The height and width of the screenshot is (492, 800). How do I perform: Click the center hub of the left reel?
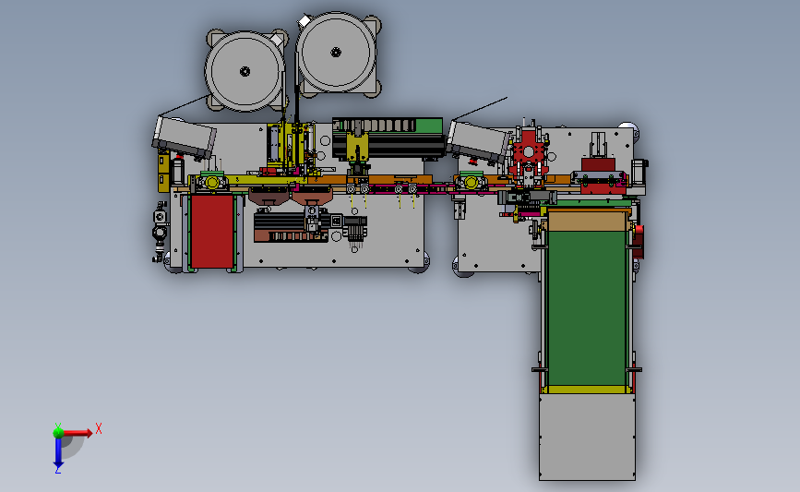coord(245,71)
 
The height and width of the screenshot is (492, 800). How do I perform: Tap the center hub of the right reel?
coord(336,52)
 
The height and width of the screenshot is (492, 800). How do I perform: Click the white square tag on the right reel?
coord(304,21)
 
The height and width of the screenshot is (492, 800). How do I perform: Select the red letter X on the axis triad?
coord(99,428)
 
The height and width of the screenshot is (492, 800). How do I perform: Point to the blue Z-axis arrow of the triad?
coord(58,452)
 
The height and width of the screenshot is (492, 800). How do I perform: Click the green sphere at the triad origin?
coord(58,433)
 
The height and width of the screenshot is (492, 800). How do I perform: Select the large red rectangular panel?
coord(211,231)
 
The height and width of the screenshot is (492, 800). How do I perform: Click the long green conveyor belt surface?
coord(587,308)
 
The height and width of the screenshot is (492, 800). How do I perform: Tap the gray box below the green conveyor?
coord(587,437)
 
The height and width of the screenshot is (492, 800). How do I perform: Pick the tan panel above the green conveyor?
coord(587,222)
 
